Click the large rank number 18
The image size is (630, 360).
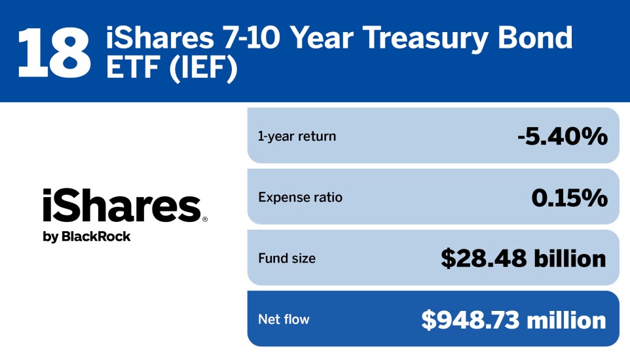coord(54,51)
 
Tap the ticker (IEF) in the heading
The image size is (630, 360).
coord(203,69)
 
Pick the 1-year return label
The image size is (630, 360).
coord(297,137)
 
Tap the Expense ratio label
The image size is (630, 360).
coord(300,197)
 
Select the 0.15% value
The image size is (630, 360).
coord(568,197)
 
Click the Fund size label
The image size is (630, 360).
coord(287,259)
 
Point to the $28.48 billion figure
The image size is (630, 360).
coord(523,259)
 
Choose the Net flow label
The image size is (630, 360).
coord(284,319)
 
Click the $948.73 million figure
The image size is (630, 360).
coord(513,319)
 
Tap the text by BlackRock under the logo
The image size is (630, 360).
coord(86,237)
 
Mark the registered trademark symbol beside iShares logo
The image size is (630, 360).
coord(205,220)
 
